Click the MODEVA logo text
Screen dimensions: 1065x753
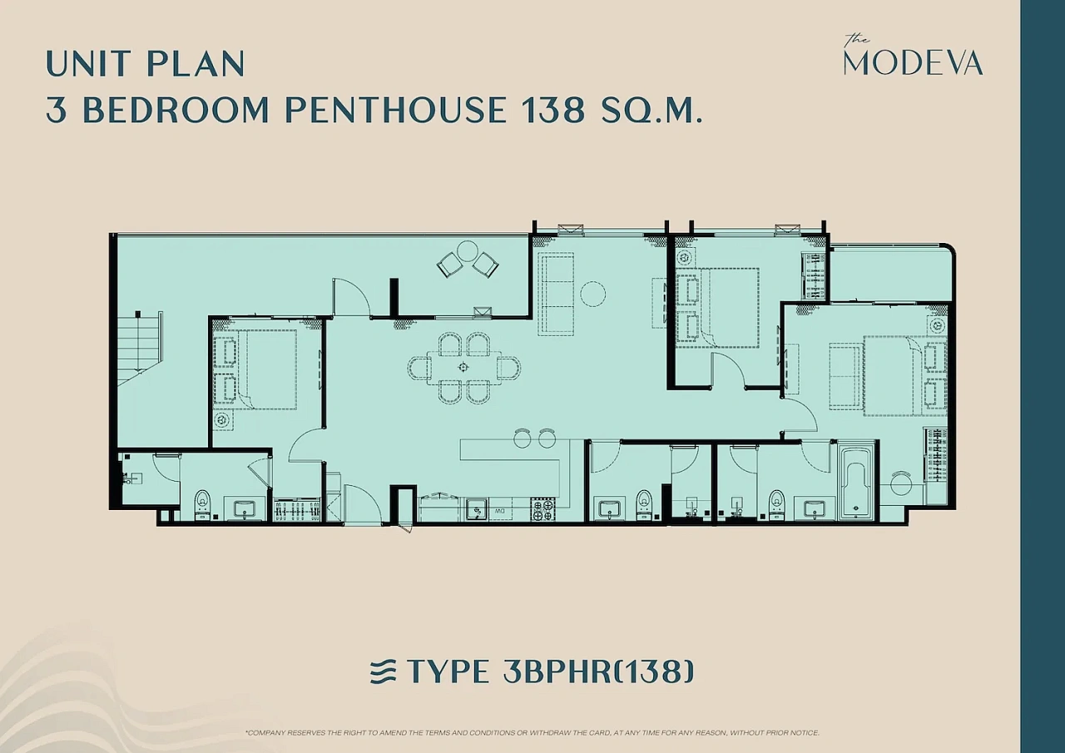(x=913, y=63)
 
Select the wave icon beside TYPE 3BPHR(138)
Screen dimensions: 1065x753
(x=383, y=671)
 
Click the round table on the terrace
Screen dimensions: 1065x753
(x=468, y=251)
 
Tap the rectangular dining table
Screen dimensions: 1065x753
(x=463, y=367)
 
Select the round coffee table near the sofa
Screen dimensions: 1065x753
(x=593, y=294)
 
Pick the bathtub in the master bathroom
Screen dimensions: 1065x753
(x=857, y=482)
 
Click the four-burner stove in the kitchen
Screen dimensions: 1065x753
(x=542, y=509)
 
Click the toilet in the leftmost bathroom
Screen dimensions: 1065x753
(x=202, y=504)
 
